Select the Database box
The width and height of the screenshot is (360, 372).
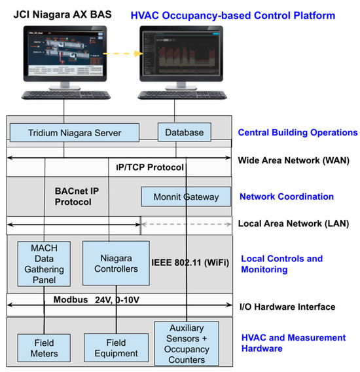click(185, 133)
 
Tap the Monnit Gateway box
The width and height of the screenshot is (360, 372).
click(186, 196)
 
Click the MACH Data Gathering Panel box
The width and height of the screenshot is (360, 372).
click(45, 263)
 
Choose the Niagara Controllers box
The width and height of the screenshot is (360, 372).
click(115, 263)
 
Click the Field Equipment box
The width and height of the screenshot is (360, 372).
click(115, 347)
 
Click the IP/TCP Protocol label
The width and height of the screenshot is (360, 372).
click(150, 168)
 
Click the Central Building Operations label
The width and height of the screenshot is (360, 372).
click(298, 132)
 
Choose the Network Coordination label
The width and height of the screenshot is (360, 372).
click(287, 196)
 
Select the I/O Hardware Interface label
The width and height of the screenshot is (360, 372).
click(287, 307)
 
